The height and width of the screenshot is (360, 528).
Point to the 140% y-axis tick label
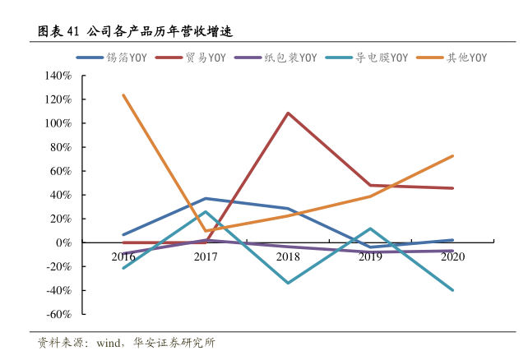(x=58, y=76)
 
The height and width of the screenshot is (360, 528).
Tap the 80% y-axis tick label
(x=61, y=147)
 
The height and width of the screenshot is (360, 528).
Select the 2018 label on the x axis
(x=288, y=256)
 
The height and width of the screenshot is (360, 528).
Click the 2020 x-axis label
(x=452, y=256)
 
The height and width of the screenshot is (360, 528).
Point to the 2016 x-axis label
(x=123, y=256)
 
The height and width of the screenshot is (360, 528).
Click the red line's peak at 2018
(x=288, y=113)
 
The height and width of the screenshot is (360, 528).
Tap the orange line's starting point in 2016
(x=123, y=95)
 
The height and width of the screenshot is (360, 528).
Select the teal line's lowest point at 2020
(x=452, y=290)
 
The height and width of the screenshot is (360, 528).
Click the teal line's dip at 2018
(x=288, y=283)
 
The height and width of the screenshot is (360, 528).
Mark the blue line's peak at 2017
(x=206, y=198)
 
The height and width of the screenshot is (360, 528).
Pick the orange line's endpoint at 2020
(x=452, y=156)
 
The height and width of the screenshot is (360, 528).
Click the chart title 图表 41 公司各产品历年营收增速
(x=136, y=32)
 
